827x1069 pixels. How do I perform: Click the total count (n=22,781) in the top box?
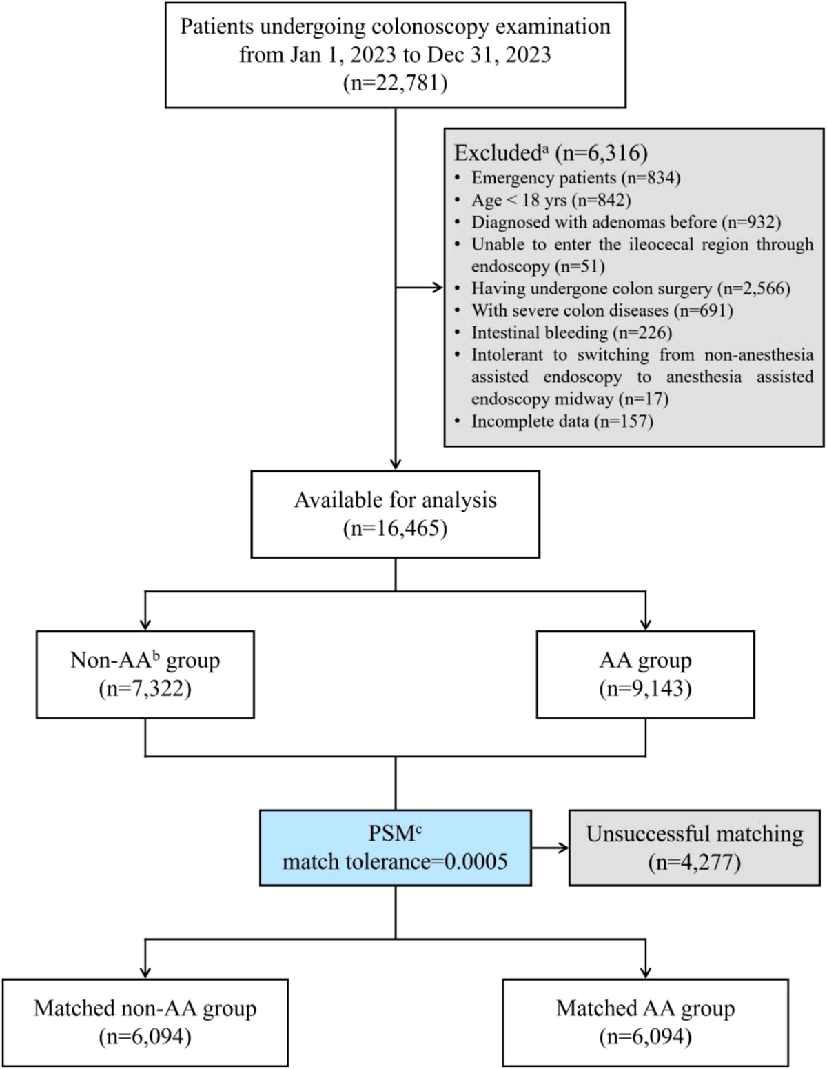[395, 83]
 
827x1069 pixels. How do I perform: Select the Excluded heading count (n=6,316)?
[601, 152]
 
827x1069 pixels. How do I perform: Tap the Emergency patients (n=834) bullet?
[575, 178]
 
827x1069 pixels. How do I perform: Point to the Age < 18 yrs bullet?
[551, 200]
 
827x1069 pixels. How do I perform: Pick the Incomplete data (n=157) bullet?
[562, 421]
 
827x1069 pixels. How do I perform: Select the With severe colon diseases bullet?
[602, 310]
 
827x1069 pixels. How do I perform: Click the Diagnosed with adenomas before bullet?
[626, 222]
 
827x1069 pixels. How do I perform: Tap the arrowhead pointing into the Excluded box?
[438, 288]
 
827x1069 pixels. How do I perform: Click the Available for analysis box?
[395, 514]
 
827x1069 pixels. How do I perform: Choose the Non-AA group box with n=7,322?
[145, 675]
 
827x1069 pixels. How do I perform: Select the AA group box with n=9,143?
[645, 675]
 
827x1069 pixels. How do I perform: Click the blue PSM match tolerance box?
[395, 848]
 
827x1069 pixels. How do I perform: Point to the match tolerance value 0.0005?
[476, 861]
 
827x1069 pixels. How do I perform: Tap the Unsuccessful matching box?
[694, 848]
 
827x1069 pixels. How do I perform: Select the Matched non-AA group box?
[145, 1022]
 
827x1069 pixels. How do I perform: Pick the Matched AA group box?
[645, 1022]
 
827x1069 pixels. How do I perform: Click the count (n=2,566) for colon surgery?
[753, 288]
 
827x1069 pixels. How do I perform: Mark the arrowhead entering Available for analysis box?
[396, 464]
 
